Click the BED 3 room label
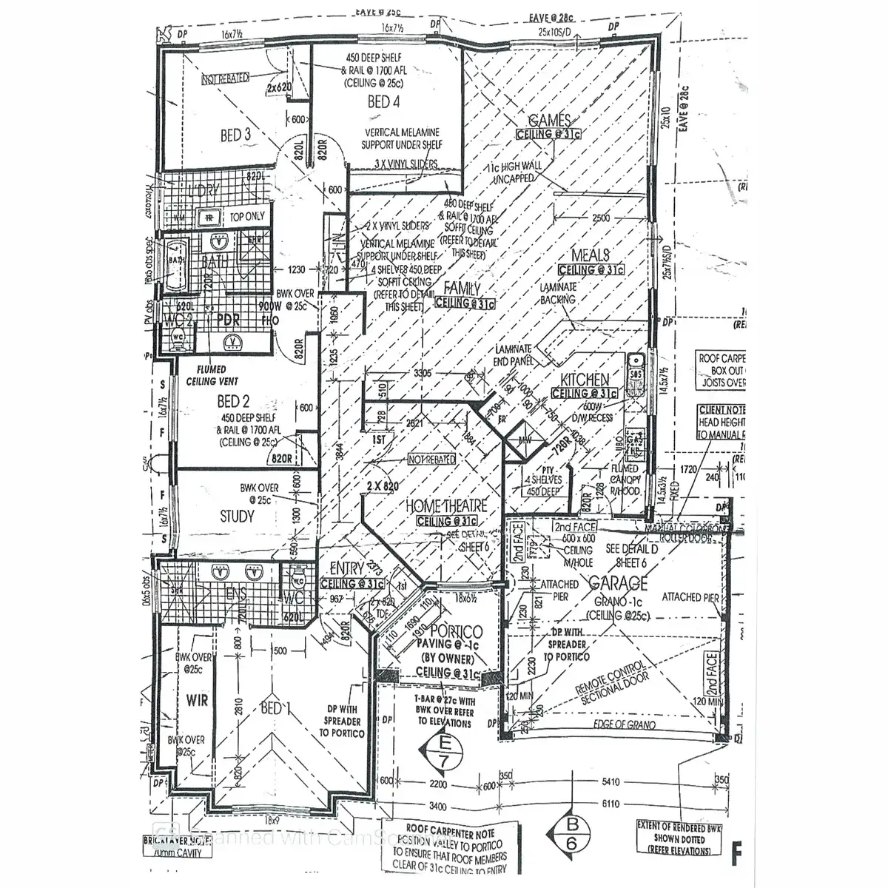tap(231, 135)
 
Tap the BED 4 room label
tap(383, 102)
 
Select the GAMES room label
tap(548, 121)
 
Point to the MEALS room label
tap(590, 255)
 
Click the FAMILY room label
tap(462, 289)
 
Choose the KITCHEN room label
tap(585, 379)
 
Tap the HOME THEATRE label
tap(446, 507)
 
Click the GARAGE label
tap(619, 583)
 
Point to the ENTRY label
tap(348, 568)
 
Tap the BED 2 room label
tap(233, 401)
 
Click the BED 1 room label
tap(272, 709)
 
